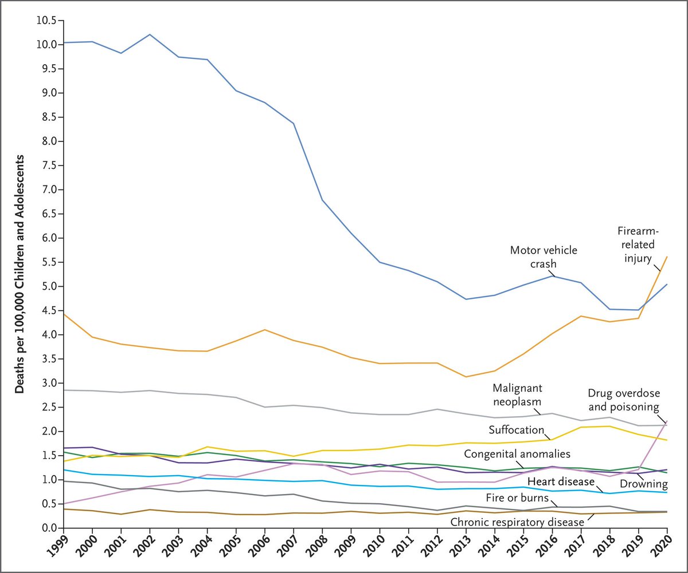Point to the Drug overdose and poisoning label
pyautogui.click(x=624, y=400)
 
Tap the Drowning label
pyautogui.click(x=640, y=484)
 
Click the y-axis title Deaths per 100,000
pyautogui.click(x=19, y=274)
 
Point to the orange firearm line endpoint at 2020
pyautogui.click(x=667, y=256)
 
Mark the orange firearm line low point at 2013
pyautogui.click(x=466, y=377)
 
